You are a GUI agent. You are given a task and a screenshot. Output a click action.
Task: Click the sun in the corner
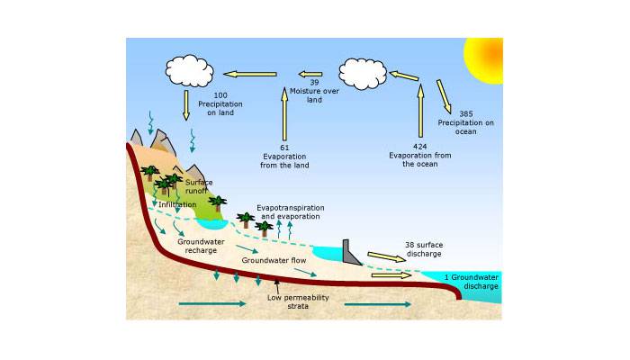[x=484, y=59]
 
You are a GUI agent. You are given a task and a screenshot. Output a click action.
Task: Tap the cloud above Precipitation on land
[x=189, y=71]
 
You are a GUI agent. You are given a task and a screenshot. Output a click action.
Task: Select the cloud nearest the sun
[x=363, y=74]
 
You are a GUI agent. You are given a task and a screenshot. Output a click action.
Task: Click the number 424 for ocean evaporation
[x=420, y=147]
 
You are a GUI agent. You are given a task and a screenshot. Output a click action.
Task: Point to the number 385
[x=466, y=114]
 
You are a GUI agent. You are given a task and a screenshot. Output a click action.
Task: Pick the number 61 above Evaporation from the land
[x=284, y=148]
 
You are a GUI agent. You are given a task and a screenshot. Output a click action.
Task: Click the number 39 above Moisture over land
[x=314, y=83]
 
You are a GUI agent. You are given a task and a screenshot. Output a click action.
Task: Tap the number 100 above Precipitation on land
[x=220, y=95]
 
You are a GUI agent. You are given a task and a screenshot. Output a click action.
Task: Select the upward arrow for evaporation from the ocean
[x=420, y=111]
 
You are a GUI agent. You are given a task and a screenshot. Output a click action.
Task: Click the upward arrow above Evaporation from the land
[x=284, y=113]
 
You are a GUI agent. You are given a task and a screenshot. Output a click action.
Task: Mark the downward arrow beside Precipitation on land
[x=186, y=105]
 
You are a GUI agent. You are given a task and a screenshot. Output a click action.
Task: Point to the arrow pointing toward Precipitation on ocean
[x=444, y=96]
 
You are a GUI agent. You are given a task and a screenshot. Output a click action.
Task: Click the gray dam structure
[x=351, y=253]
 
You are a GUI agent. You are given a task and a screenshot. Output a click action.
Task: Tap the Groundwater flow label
[x=274, y=260]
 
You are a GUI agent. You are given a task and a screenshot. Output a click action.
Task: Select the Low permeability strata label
[x=298, y=301]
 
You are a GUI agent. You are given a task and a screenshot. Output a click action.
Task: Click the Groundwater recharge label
[x=201, y=246]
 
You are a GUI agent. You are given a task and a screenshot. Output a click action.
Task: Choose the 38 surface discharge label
[x=424, y=249]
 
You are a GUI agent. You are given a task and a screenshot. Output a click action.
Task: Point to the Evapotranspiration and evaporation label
[x=291, y=212]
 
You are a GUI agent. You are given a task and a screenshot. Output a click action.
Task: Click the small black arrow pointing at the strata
[x=277, y=286]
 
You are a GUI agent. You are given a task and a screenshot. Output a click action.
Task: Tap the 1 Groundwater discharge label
[x=472, y=282]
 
